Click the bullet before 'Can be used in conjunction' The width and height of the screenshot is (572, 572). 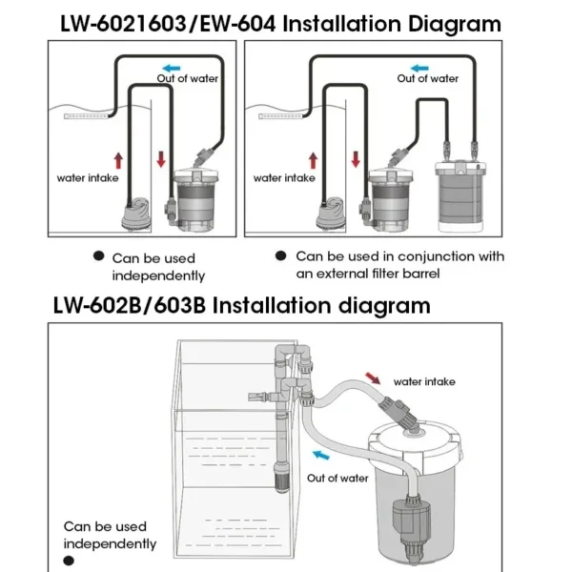280,256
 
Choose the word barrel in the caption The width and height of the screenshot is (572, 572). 443,274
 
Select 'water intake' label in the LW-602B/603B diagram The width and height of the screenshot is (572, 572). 424,381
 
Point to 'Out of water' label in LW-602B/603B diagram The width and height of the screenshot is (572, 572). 337,478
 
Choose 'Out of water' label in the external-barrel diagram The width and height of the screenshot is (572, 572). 428,79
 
